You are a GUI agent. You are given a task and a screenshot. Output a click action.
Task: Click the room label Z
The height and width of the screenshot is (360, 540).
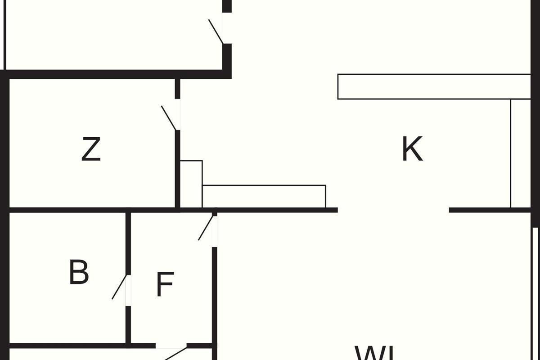pos(91,150)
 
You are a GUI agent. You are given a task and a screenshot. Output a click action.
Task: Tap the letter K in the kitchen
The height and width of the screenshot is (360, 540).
pos(412,149)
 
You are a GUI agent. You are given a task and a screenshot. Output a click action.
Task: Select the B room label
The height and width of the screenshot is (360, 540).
pos(79,272)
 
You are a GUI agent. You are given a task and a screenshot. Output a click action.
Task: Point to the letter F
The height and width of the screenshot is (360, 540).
pos(165,284)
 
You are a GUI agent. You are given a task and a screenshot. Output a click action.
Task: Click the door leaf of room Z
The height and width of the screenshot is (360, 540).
pos(168,118)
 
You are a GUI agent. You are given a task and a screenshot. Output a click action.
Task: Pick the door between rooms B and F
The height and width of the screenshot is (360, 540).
pos(119,287)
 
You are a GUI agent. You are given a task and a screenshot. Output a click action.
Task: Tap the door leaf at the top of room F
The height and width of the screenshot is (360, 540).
pos(206,228)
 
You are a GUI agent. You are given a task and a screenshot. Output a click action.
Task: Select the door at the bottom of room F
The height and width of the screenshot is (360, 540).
pos(175,353)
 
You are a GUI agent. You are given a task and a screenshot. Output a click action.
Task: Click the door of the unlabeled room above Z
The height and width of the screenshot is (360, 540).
pos(216,31)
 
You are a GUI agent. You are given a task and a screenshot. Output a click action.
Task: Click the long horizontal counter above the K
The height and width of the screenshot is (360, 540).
pos(434,86)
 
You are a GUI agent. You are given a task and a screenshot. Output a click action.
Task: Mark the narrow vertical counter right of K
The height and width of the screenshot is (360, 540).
pos(521,153)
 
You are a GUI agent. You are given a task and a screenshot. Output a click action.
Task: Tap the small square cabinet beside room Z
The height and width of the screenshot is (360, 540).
pos(191,184)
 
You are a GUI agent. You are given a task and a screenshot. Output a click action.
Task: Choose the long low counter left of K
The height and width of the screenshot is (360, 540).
pos(264,196)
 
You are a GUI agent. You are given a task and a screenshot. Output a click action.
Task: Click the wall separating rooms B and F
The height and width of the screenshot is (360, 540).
pos(128,243)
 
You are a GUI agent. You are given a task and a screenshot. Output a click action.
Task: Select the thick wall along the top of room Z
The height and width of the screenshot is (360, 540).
pos(112,74)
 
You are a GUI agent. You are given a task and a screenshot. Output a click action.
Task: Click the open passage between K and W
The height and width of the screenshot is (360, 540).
pos(393,210)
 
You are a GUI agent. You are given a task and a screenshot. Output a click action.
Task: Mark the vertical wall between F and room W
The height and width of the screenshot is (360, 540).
pos(215,297)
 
